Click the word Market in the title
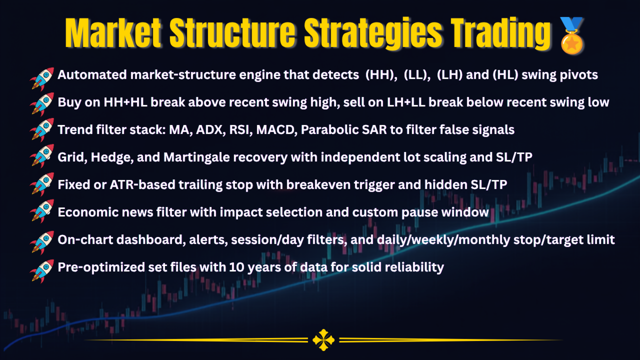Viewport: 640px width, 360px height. pyautogui.click(x=113, y=33)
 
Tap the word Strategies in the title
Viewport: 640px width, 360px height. pyautogui.click(x=373, y=33)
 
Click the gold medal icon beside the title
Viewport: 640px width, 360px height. pyautogui.click(x=571, y=35)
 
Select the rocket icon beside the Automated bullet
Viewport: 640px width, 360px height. pyautogui.click(x=42, y=79)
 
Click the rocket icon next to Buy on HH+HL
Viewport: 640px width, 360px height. pyautogui.click(x=42, y=104)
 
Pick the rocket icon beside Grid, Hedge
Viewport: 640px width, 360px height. pyautogui.click(x=42, y=156)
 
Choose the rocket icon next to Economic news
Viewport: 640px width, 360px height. pyautogui.click(x=42, y=211)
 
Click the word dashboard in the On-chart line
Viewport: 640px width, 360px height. pyautogui.click(x=149, y=239)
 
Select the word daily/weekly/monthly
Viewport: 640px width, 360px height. pyautogui.click(x=443, y=240)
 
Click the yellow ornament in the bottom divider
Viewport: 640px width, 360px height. pyautogui.click(x=323, y=340)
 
